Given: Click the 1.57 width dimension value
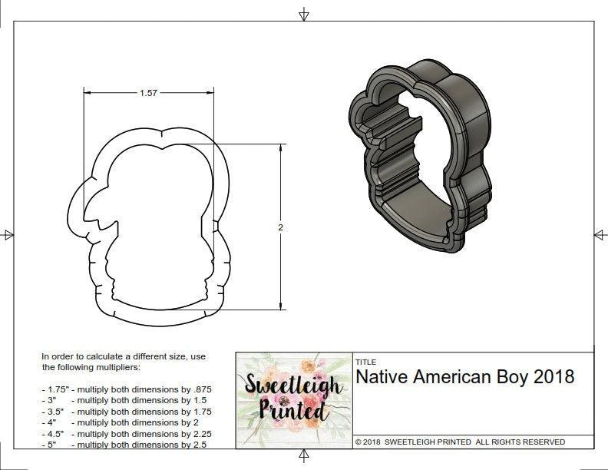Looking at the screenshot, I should click(148, 93).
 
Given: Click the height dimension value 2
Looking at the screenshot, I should click(281, 227).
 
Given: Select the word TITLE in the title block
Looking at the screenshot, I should click(365, 362).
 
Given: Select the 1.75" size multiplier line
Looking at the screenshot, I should click(126, 389).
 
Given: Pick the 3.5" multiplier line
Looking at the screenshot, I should click(126, 411).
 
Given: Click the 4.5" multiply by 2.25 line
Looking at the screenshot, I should click(126, 433).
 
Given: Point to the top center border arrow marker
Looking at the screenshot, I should click(304, 14).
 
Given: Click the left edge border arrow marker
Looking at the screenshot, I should click(8, 234).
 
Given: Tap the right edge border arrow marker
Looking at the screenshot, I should click(600, 234).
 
